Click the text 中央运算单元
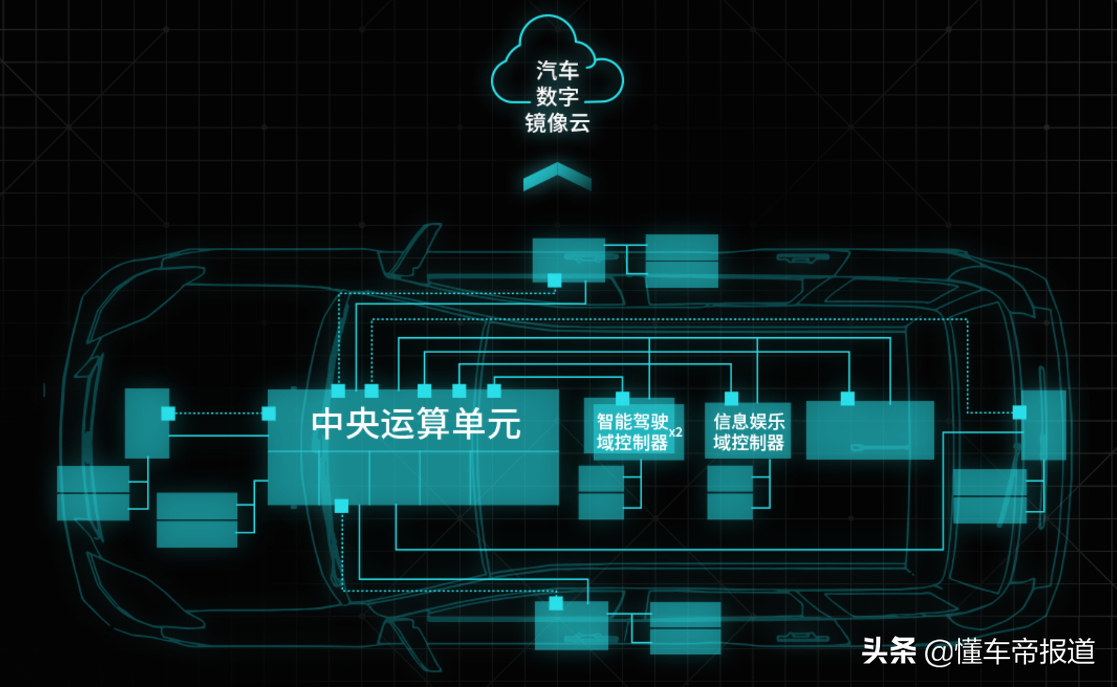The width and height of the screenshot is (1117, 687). tap(416, 423)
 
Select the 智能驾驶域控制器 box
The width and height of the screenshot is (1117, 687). tap(633, 431)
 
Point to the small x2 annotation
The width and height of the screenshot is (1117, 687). tap(676, 432)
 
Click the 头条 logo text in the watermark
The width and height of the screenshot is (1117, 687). tap(889, 651)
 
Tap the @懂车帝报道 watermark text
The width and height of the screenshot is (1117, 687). tap(1010, 651)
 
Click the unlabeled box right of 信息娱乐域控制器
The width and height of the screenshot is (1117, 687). tap(870, 430)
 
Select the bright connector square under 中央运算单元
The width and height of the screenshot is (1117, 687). tap(341, 506)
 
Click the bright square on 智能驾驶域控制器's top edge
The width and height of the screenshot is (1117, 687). tap(623, 398)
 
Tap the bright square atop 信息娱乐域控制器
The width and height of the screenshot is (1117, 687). tap(731, 398)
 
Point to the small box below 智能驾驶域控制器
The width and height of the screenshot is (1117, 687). tap(601, 492)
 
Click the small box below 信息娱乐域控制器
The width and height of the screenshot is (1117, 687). tap(730, 492)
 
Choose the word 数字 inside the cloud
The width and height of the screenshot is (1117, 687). tap(557, 96)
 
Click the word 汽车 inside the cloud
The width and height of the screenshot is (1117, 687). tap(557, 70)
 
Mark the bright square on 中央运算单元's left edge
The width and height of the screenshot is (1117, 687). tap(269, 414)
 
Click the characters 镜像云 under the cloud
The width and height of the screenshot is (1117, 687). tap(557, 123)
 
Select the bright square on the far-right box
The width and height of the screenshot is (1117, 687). tap(1019, 413)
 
